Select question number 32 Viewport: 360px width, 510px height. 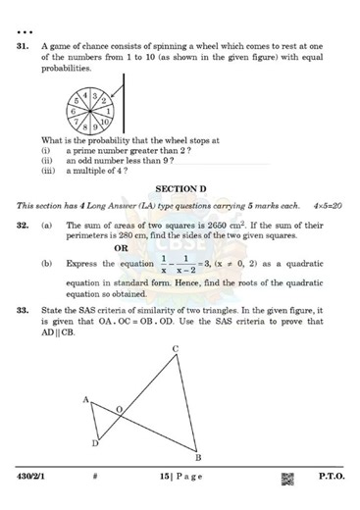(21, 225)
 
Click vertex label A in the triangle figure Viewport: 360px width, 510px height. (86, 399)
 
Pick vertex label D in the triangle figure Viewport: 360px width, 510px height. (95, 444)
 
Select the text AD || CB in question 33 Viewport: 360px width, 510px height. (59, 331)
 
